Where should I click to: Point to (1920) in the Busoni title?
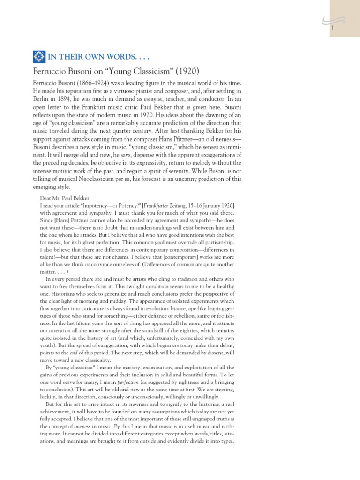(185, 71)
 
